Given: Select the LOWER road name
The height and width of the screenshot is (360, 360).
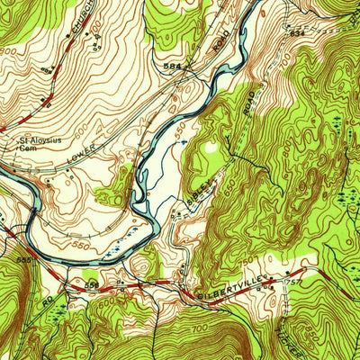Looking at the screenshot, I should pos(81,158).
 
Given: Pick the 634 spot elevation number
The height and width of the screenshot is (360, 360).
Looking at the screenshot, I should pos(299,32).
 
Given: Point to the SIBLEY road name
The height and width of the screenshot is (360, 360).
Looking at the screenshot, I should pos(202,188).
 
